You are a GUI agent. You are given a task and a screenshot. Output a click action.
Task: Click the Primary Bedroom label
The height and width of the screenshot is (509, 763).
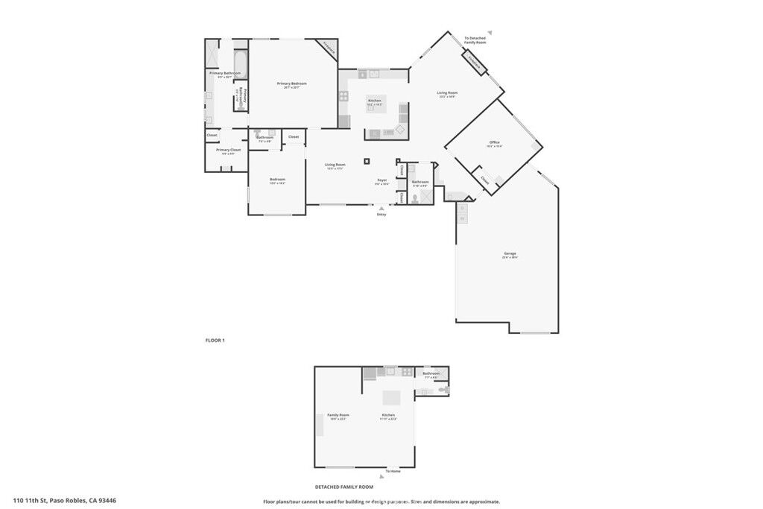[x=292, y=83]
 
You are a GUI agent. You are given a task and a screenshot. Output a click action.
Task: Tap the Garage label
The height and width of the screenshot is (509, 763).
[x=510, y=253]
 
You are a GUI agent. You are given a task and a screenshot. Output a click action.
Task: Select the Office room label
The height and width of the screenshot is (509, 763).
[x=494, y=142]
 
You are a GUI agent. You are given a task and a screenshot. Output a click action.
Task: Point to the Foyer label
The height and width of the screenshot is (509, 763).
[x=381, y=180]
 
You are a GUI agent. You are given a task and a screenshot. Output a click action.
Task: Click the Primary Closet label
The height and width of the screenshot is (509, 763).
[x=228, y=150]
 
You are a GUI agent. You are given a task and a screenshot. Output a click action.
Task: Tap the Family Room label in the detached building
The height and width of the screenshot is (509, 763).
[x=338, y=415]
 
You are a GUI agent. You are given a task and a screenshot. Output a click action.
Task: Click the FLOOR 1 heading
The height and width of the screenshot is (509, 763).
[x=215, y=341]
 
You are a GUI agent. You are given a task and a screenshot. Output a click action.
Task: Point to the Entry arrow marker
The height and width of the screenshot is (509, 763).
[x=381, y=208]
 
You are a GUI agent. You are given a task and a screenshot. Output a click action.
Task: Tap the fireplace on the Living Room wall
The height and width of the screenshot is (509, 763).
[x=475, y=65]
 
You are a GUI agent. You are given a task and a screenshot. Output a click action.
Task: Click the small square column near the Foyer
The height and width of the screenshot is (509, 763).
[x=367, y=160]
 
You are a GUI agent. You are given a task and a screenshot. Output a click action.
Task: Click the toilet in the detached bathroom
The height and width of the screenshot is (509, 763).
[x=444, y=389]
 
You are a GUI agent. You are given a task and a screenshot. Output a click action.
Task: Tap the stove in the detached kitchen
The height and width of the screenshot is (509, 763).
[x=407, y=371]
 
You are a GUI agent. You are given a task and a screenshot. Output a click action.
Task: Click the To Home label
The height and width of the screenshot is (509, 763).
[x=393, y=472]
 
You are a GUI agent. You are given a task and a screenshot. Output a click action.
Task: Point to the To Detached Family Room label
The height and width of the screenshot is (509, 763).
[x=475, y=39]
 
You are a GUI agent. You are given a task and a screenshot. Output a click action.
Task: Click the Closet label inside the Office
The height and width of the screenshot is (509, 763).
[x=485, y=180]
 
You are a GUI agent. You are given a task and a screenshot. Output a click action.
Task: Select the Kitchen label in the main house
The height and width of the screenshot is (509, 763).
[x=374, y=101]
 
